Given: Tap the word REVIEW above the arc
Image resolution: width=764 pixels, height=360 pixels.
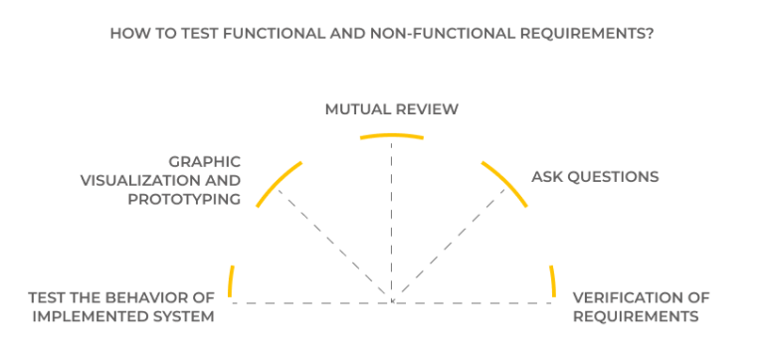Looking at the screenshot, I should coord(426,109).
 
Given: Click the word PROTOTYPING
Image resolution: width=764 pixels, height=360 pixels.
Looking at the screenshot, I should coord(185,198).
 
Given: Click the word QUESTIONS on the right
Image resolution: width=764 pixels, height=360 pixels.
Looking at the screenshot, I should coord(611,177).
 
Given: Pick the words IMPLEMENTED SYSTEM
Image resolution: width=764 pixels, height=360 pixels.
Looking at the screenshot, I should coord(123,316).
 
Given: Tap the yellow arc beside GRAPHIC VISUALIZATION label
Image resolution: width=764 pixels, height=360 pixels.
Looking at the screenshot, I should coord(278,182).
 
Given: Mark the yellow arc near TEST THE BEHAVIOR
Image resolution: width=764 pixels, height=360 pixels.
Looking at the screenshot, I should coord(231,282).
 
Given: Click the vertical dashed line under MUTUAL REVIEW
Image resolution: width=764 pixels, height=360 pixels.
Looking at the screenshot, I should coord(391,219).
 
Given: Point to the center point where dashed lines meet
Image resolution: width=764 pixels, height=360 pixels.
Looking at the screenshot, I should coord(391,300).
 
